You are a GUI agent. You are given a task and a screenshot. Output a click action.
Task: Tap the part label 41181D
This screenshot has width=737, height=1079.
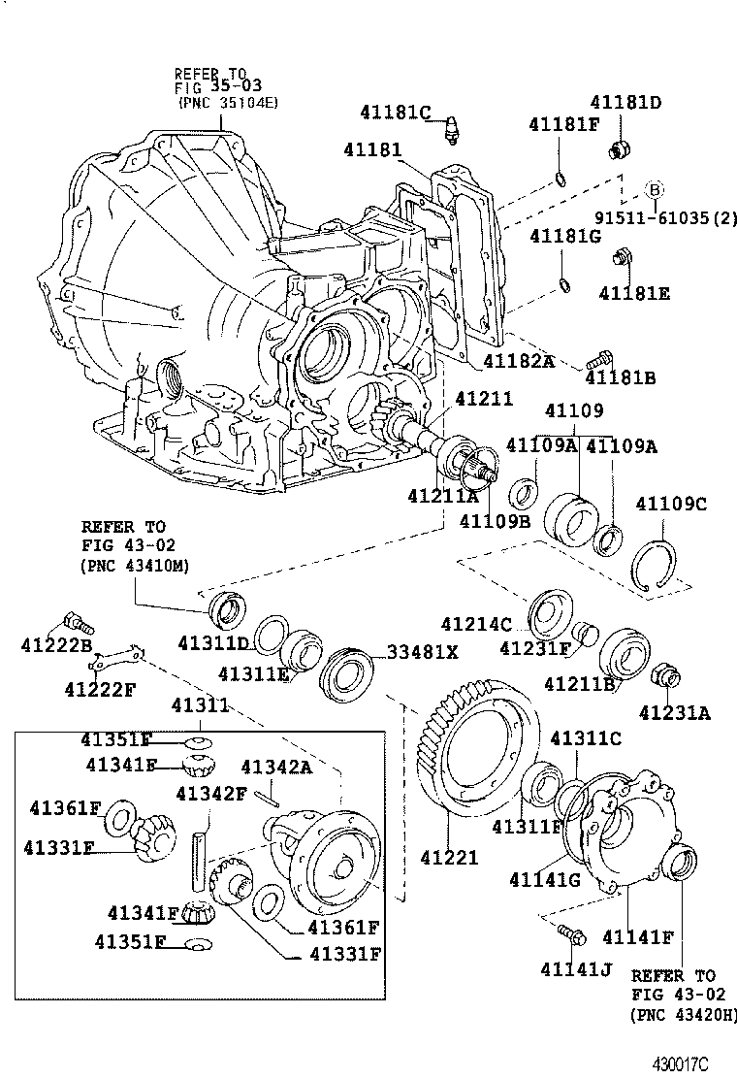tap(626, 102)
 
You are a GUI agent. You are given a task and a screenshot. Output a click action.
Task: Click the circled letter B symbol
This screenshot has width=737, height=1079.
tap(654, 189)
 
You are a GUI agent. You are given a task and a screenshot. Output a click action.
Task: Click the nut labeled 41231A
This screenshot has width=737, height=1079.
tap(666, 672)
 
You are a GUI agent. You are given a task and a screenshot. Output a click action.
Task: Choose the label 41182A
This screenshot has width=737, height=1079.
tap(518, 361)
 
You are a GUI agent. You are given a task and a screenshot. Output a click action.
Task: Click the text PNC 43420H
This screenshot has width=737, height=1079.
tap(683, 1014)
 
